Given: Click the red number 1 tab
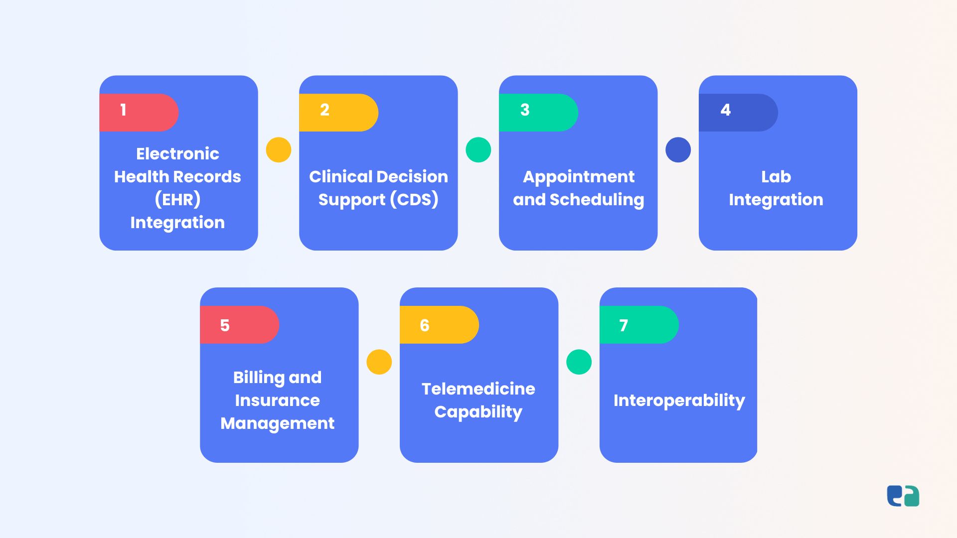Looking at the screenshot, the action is [x=139, y=113].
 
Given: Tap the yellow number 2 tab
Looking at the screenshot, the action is [x=338, y=113].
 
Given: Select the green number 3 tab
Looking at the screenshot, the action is [x=538, y=113].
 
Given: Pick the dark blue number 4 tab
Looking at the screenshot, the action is [x=738, y=113].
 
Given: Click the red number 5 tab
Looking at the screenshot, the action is [x=239, y=325].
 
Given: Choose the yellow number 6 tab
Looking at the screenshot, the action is [x=439, y=325].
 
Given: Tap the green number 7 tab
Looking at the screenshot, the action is [x=639, y=325].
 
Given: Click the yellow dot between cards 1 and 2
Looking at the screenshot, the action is [x=279, y=150].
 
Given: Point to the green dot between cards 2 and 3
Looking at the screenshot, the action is [x=478, y=150].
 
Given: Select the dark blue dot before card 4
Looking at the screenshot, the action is [x=678, y=150].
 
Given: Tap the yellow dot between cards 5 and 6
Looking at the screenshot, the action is [x=379, y=362].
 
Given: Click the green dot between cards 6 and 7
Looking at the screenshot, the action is [x=579, y=362].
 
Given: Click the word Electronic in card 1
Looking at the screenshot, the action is [x=177, y=153].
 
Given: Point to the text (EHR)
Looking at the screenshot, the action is [x=177, y=199].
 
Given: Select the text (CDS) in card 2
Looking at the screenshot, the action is [x=414, y=199].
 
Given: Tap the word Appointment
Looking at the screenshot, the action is [x=579, y=177].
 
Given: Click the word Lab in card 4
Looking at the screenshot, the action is [x=776, y=176].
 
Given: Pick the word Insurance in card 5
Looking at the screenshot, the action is [x=278, y=400].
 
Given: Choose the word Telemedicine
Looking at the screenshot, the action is [x=478, y=389].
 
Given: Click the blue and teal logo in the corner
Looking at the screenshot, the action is [x=903, y=496].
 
